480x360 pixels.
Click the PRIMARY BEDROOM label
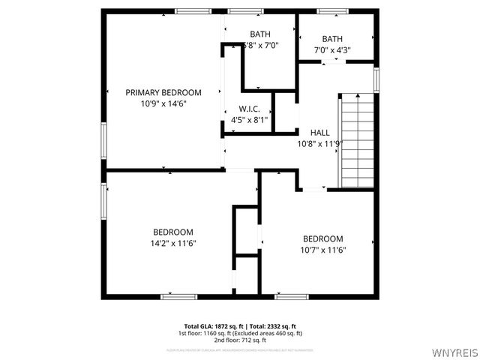click(163, 92)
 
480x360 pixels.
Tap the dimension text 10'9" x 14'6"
click(163, 104)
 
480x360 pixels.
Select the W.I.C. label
click(249, 109)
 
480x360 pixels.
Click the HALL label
click(319, 133)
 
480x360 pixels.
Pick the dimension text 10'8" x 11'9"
click(319, 144)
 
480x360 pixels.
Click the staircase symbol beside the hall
click(358, 140)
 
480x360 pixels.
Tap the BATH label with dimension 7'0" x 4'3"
click(332, 39)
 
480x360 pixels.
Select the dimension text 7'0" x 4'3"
click(332, 50)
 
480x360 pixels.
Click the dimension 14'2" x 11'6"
click(173, 243)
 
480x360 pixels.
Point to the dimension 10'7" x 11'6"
click(323, 250)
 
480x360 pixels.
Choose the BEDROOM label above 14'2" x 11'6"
click(173, 232)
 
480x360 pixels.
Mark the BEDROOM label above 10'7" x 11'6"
click(323, 238)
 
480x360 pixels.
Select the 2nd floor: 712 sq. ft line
click(239, 340)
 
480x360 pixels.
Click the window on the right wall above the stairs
click(376, 79)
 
